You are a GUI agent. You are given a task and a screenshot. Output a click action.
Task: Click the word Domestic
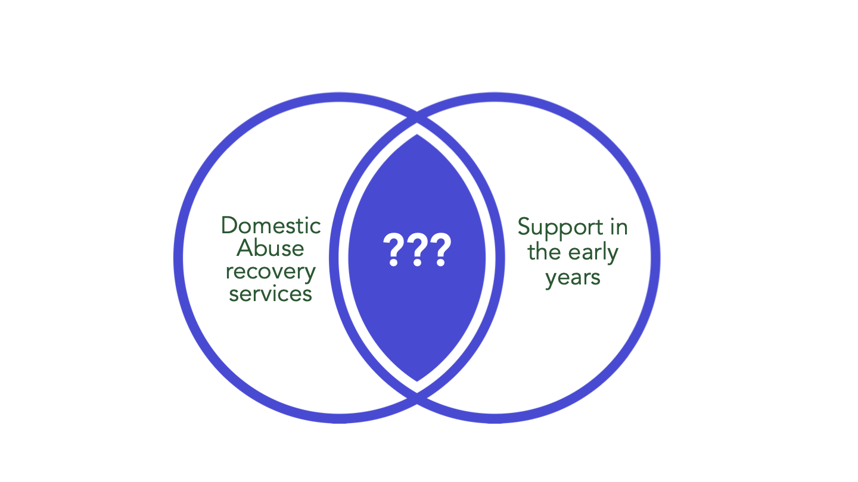[271, 226]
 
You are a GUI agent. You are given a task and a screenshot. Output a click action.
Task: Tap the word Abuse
[271, 248]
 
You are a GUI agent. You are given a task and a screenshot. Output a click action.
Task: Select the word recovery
[271, 273]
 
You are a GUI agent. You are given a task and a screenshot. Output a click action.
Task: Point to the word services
[271, 294]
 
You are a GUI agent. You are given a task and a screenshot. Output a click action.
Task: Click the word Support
[560, 228]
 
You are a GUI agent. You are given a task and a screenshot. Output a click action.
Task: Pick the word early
[593, 253]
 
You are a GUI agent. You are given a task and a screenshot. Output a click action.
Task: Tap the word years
[573, 278]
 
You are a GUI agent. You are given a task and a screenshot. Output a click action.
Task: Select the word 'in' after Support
[619, 227]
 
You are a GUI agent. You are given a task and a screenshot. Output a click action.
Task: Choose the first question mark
[393, 249]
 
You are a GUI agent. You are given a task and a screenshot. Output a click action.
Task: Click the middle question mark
[417, 249]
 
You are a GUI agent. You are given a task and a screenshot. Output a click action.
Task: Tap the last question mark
[441, 249]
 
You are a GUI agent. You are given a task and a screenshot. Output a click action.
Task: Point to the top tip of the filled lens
[416, 134]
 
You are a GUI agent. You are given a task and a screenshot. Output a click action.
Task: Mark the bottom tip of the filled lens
[416, 381]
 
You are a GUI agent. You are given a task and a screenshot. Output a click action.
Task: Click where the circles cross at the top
[416, 118]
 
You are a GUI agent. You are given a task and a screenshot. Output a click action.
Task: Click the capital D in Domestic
[230, 226]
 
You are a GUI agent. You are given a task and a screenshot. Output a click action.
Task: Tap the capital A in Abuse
[245, 248]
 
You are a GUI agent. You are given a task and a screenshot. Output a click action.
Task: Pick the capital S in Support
[524, 227]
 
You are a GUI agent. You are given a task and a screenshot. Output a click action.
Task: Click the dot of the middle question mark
[417, 263]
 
